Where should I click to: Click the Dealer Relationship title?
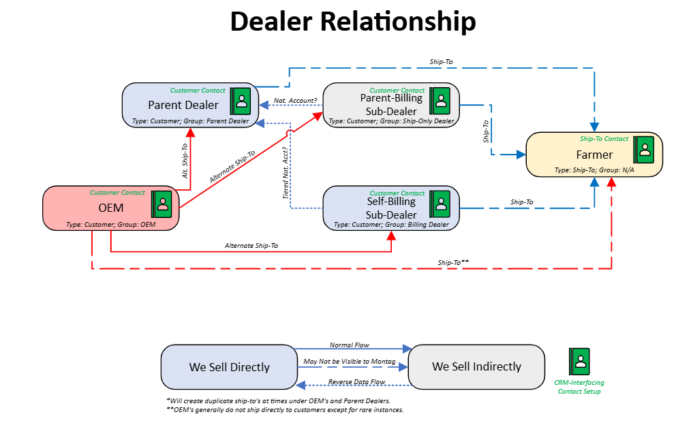pyautogui.click(x=353, y=22)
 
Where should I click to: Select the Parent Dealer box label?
pyautogui.click(x=183, y=105)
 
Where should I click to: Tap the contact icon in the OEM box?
pyautogui.click(x=162, y=204)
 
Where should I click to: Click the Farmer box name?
pyautogui.click(x=594, y=155)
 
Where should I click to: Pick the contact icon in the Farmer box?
pyautogui.click(x=644, y=150)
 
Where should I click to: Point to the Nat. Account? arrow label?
pyautogui.click(x=295, y=100)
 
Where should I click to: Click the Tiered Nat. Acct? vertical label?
pyautogui.click(x=286, y=173)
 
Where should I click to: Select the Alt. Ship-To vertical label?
pyautogui.click(x=185, y=161)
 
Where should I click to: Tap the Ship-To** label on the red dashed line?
pyautogui.click(x=453, y=262)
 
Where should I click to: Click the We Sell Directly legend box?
pyautogui.click(x=230, y=367)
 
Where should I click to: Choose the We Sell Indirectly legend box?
pyautogui.click(x=476, y=366)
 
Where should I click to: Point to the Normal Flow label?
pyautogui.click(x=349, y=345)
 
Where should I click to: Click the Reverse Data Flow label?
pyautogui.click(x=356, y=381)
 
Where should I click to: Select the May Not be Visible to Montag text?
pyautogui.click(x=349, y=361)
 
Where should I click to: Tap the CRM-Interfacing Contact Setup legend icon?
pyautogui.click(x=579, y=361)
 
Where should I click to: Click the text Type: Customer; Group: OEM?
pyautogui.click(x=111, y=224)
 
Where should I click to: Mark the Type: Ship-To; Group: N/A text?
pyautogui.click(x=594, y=170)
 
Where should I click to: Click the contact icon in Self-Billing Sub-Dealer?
pyautogui.click(x=440, y=204)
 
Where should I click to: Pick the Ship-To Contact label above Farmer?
pyautogui.click(x=604, y=139)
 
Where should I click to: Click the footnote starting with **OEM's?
pyautogui.click(x=285, y=409)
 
